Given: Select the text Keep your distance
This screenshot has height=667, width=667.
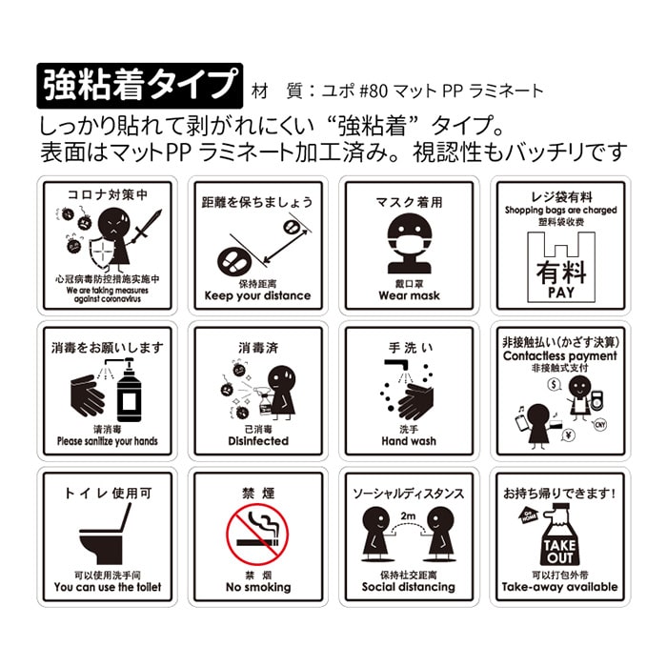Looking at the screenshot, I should tap(257, 296).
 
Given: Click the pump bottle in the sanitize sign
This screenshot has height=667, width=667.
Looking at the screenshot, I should tap(129, 391).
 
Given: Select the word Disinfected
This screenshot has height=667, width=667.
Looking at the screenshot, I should tap(257, 442).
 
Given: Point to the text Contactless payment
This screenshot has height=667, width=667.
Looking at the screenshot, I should tap(560, 356).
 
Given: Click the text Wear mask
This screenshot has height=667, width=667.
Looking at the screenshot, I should tap(409, 296).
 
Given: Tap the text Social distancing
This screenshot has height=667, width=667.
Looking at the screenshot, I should tap(409, 588).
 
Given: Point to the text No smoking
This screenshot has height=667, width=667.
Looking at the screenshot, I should tap(257, 588).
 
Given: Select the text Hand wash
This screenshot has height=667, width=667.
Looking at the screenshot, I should tap(409, 442).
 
